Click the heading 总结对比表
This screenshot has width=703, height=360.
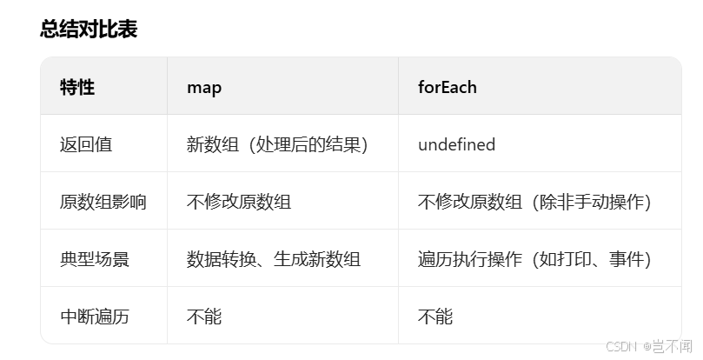point(89,30)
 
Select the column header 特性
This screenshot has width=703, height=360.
point(77,87)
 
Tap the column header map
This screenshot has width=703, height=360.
point(204,87)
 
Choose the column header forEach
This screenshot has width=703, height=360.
point(447,87)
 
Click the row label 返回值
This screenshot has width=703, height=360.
point(86,144)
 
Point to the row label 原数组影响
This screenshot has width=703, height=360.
point(103,202)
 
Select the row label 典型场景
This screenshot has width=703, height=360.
point(95,259)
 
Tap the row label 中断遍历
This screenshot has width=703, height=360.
point(95,317)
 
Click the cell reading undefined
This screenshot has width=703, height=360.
point(456,144)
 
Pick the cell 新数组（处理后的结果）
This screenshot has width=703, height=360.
point(277,144)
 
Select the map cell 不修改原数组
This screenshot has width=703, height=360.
point(239,202)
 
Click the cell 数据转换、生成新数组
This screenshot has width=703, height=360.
point(274,259)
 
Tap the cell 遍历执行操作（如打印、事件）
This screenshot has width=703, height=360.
point(534,259)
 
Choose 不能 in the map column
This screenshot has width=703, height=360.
point(204,317)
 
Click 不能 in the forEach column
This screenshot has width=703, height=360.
point(435,317)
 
